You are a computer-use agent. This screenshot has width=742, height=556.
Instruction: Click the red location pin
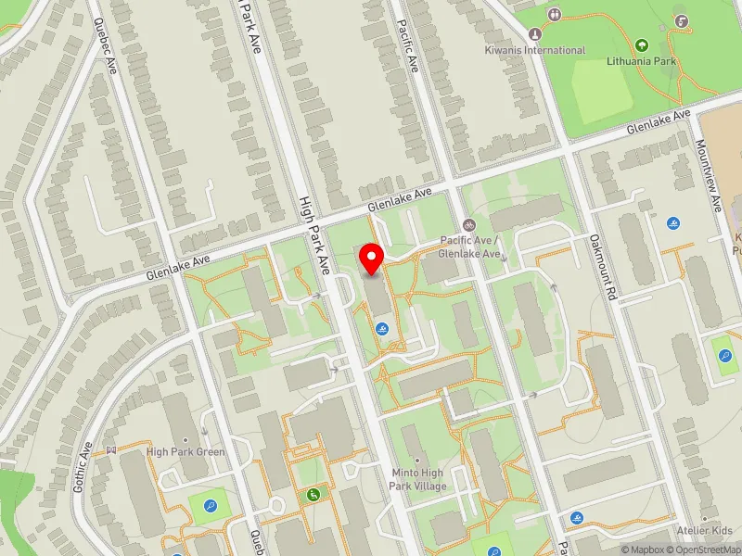coord(372,259)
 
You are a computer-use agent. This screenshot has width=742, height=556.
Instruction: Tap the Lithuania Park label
coord(642,61)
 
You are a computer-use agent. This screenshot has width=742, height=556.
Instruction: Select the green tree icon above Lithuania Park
coord(642,44)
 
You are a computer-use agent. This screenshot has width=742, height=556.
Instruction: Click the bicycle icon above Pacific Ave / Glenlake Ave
coord(469,225)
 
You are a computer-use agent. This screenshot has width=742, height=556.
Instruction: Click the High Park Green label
coord(185,452)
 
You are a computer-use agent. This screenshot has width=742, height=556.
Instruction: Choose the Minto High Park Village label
coord(418,479)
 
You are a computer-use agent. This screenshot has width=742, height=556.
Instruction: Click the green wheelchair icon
coord(314,494)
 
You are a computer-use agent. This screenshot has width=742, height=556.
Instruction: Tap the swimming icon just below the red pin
coord(382,329)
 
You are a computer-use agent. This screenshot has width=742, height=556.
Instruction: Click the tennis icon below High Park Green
coord(211,505)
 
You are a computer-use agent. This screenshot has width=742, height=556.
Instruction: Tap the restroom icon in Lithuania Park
coord(555,14)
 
